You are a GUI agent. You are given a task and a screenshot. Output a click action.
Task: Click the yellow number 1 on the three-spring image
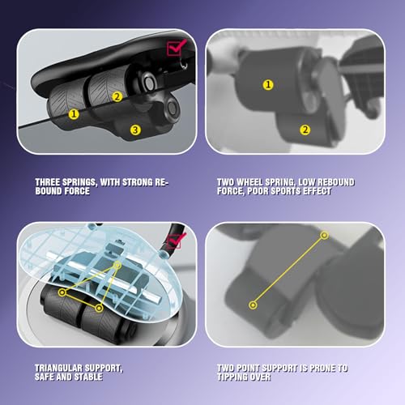[x=74, y=114]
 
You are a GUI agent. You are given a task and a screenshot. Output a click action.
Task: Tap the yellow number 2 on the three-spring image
[x=117, y=96]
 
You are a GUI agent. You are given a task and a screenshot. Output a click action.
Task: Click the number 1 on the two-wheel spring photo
[x=268, y=83]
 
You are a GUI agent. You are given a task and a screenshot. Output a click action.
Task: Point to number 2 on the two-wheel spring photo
[x=305, y=130]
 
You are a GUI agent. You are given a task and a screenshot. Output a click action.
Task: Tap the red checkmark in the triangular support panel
[x=176, y=240]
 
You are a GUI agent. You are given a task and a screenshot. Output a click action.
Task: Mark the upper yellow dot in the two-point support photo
[x=325, y=235]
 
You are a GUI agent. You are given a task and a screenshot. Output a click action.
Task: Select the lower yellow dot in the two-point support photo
[x=254, y=305]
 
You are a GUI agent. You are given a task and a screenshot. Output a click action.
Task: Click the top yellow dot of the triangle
[x=117, y=265]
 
